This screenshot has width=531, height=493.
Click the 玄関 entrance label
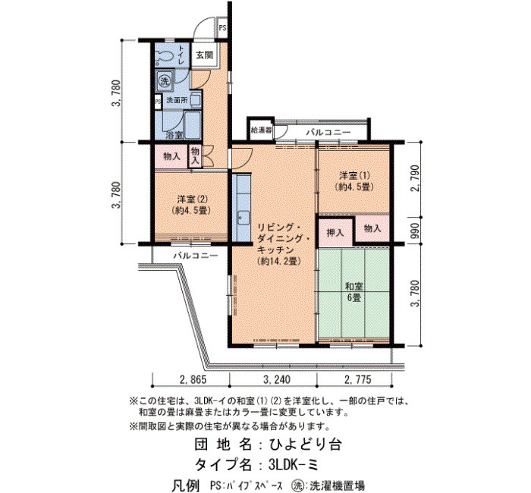pos(205,55)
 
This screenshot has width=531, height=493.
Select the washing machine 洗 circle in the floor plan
pos(165,81)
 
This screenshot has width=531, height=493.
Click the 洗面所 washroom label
pos(177,101)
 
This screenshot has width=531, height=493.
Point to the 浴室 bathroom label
pos(174,135)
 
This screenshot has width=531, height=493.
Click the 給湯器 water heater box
pos(261,130)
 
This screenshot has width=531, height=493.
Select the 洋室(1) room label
pos(354,181)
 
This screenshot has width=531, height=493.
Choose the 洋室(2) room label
pos(191,204)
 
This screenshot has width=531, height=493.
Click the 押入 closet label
pos(335,233)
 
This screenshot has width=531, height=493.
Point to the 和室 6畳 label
pos(354,292)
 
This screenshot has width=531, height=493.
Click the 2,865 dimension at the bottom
pos(193,379)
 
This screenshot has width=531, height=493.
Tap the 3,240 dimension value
pos(277,379)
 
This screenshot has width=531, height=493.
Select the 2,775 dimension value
pos(358,379)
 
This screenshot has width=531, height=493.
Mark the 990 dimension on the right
pos(415,231)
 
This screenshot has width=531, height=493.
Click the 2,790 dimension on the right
pos(415,178)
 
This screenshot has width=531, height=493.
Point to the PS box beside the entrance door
pos(222,28)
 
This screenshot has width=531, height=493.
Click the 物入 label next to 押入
pos(372,228)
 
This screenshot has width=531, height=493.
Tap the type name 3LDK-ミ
pos(294,465)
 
